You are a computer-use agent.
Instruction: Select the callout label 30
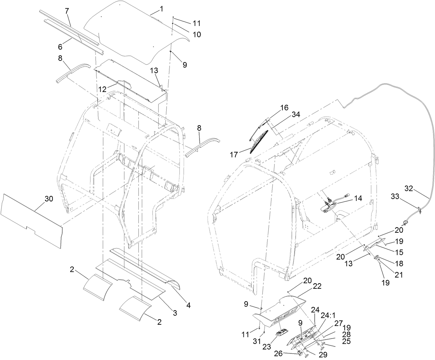(49, 199)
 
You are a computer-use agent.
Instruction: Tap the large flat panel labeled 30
(31, 218)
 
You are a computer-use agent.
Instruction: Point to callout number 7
(67, 11)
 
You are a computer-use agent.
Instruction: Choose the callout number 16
(284, 108)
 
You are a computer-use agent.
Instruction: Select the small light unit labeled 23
(281, 333)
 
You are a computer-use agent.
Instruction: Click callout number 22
(317, 286)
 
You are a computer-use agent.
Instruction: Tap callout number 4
(188, 305)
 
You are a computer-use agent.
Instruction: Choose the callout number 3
(175, 313)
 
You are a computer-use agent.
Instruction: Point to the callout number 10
(197, 35)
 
